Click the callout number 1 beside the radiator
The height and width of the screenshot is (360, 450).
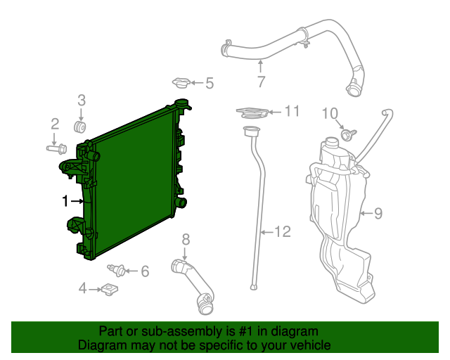pos(65,202)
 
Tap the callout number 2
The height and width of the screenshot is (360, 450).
pos(54,124)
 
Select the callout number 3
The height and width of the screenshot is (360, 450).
pos(81,100)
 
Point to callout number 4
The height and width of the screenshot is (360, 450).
pos(82,288)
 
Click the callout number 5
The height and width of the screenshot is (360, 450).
pos(209,84)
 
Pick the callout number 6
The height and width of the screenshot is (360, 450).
pos(145,271)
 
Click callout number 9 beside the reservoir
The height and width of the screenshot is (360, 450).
pos(378,213)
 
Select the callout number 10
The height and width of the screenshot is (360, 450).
pos(330,113)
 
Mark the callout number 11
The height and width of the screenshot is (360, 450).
pos(292,110)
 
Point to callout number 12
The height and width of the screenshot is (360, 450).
pos(281,231)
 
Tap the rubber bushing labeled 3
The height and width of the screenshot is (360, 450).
pos(80,127)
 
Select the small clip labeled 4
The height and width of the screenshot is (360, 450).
pos(110,288)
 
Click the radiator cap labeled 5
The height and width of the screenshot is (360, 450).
pos(182,84)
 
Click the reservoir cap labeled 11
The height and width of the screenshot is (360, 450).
pos(252,112)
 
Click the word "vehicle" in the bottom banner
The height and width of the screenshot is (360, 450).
pos(304,345)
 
